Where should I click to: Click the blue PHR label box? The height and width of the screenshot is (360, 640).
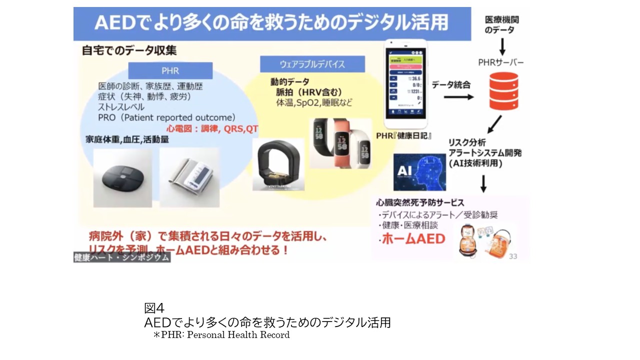(x=170, y=71)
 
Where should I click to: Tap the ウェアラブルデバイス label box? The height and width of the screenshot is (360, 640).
(x=312, y=64)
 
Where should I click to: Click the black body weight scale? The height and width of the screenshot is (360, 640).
(x=123, y=177)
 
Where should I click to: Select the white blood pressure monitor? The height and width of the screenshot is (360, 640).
(x=189, y=177)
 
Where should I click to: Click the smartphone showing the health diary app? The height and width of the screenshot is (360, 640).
(x=405, y=85)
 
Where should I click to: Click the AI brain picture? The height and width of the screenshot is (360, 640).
(x=419, y=172)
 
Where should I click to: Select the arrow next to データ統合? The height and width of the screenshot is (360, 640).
(x=458, y=97)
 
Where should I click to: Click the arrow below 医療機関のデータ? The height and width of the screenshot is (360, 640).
(x=502, y=47)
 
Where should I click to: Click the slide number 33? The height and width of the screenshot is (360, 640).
(x=512, y=256)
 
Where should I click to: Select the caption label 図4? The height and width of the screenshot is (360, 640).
(x=154, y=308)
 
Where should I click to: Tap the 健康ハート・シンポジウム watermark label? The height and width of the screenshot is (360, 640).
(x=121, y=257)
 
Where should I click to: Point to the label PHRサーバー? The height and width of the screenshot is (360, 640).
(x=500, y=62)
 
